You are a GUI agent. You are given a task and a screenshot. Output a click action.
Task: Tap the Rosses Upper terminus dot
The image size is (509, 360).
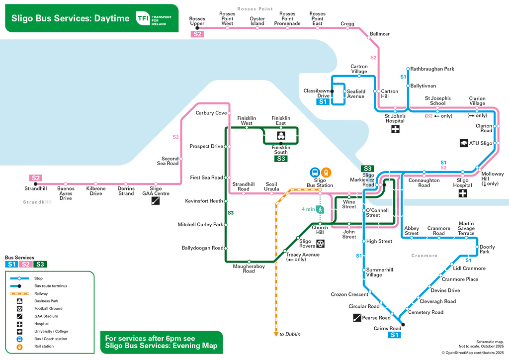click(x=197, y=28)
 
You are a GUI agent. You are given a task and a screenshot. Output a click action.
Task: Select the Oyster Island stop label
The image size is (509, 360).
click(x=257, y=21)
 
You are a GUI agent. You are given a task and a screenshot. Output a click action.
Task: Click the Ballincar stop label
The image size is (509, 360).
click(x=380, y=34)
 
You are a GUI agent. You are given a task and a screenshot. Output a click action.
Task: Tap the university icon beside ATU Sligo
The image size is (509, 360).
click(x=463, y=143)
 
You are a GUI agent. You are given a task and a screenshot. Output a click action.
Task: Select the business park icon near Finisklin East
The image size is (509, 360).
click(x=281, y=136)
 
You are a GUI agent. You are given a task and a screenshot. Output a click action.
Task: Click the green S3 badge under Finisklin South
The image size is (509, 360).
click(x=281, y=159)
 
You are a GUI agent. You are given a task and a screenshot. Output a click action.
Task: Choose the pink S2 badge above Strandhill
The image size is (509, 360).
click(x=35, y=178)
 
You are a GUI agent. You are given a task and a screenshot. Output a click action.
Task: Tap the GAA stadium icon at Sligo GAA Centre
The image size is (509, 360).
click(x=156, y=201)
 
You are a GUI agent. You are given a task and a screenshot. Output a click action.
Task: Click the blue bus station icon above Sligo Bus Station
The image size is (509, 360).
click(x=315, y=172)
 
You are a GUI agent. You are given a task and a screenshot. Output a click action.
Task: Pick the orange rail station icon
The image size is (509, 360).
click(x=326, y=172)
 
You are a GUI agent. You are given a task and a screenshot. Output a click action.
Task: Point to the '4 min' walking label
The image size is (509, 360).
click(x=309, y=209)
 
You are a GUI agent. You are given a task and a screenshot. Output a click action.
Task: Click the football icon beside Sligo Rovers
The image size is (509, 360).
click(x=321, y=243)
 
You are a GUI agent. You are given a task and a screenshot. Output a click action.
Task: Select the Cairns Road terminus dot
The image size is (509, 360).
click(x=403, y=325)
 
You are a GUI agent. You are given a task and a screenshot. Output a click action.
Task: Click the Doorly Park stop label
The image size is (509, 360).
click(x=488, y=249)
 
